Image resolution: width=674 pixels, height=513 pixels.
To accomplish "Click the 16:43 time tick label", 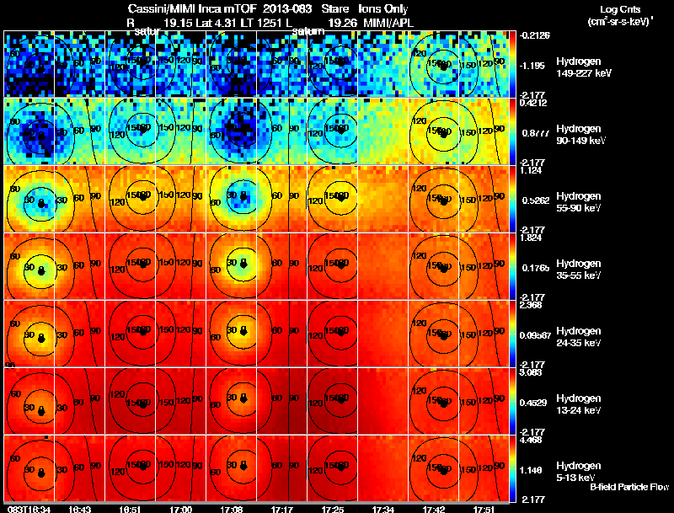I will point(80,509).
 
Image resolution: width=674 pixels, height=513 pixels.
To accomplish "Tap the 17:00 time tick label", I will point(180,509).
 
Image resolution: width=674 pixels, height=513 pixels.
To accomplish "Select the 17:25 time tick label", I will point(333,509).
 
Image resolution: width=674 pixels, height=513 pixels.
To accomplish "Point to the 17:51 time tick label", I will point(484,509).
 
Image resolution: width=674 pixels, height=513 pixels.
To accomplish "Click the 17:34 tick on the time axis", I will point(384,509).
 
